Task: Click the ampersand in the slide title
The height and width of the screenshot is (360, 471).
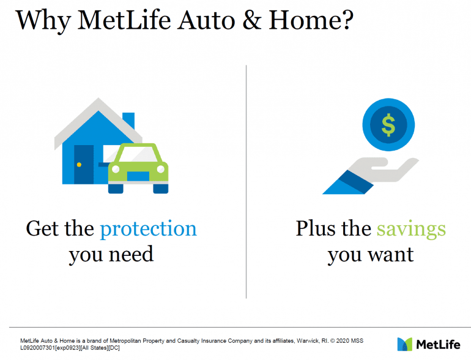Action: (x=252, y=20)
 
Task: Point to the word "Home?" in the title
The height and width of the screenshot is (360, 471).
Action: (x=311, y=20)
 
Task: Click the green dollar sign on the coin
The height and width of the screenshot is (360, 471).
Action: (x=388, y=125)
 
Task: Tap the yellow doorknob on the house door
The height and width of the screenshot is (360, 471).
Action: (x=79, y=165)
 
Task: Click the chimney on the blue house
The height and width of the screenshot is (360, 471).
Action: (x=128, y=120)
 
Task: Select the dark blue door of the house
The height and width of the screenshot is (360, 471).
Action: (x=84, y=165)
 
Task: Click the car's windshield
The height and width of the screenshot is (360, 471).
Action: (x=138, y=154)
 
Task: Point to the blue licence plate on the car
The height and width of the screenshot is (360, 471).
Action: (x=138, y=176)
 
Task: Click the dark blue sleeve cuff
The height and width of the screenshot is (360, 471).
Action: (x=356, y=182)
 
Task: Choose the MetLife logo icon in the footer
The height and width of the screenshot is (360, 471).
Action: (x=404, y=344)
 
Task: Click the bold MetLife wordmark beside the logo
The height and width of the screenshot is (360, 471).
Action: (x=438, y=344)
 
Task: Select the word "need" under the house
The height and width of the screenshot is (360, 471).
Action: (x=132, y=255)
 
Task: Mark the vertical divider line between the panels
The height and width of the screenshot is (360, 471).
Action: (x=246, y=182)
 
